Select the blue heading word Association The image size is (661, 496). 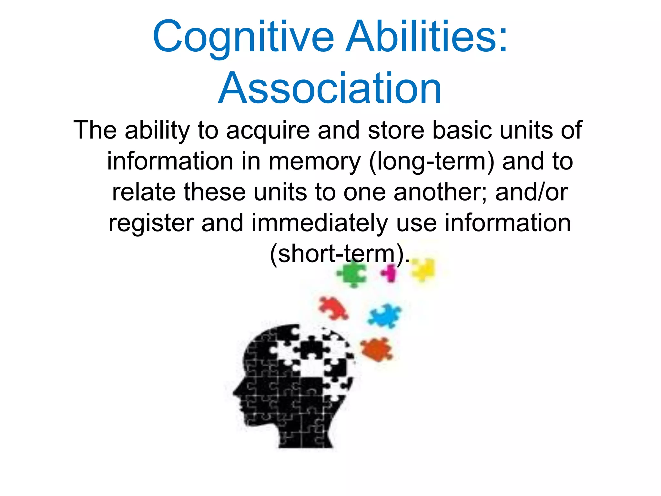point(330,88)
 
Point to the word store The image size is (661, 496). point(396,130)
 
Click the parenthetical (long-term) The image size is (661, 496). point(431,161)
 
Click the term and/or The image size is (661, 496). point(532,192)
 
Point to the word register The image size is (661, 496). point(151,223)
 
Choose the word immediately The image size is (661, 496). point(320,223)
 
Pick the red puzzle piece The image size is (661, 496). point(333,308)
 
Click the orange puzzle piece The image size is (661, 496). point(377,349)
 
